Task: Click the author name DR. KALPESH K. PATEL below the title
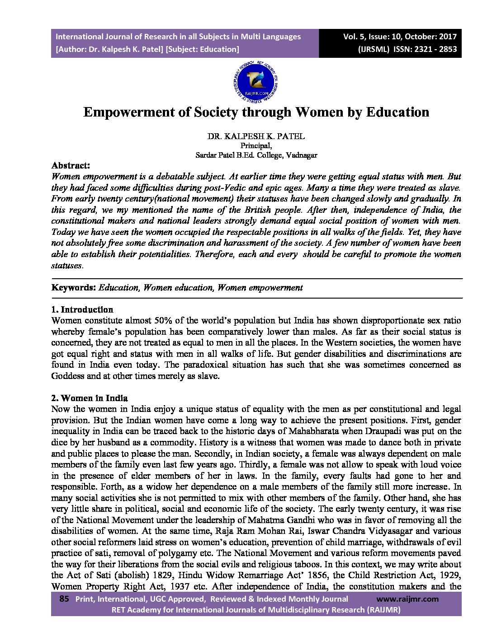tap(256, 136)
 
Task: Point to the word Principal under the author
tap(256, 145)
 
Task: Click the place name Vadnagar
tap(302, 155)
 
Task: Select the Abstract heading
tap(71, 165)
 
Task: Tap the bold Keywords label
tap(73, 287)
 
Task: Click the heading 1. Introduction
tap(82, 309)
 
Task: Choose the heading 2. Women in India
tap(90, 398)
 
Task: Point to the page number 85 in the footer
tap(64, 599)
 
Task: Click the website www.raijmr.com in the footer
tap(407, 599)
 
